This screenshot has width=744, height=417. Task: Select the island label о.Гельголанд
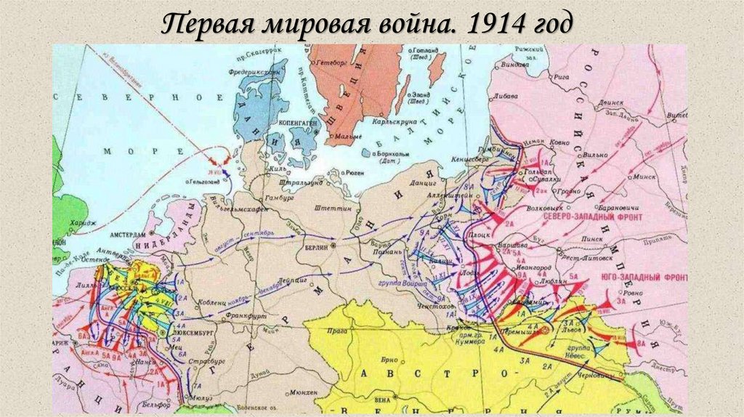click(209, 180)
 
